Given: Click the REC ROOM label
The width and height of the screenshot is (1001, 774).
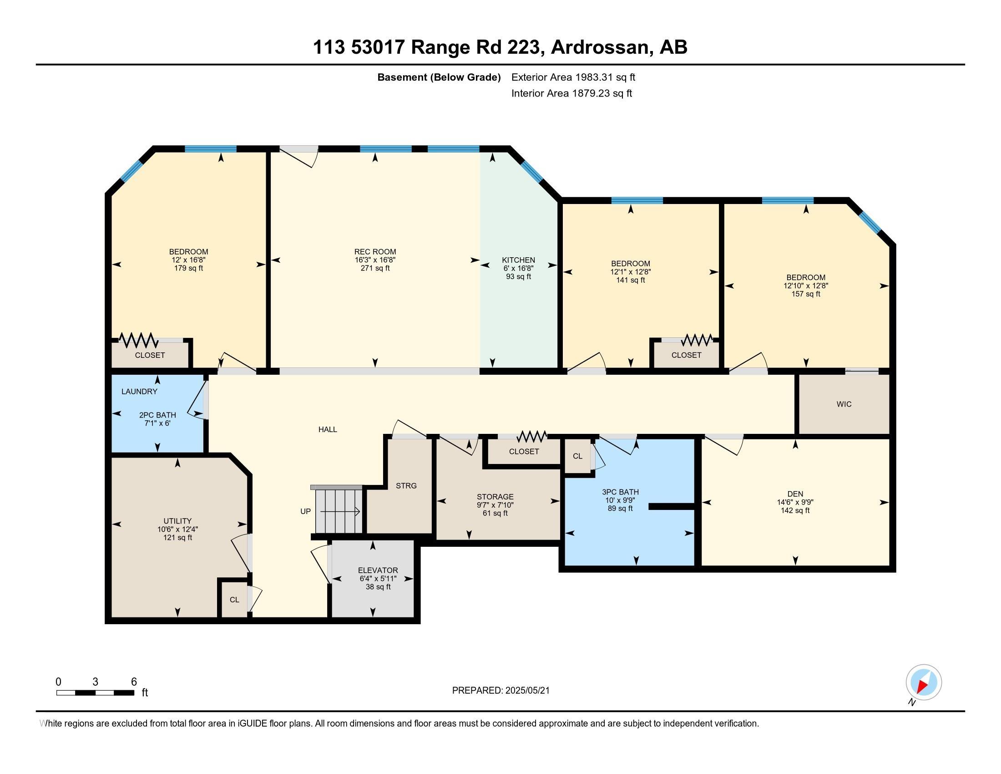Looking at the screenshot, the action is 375,252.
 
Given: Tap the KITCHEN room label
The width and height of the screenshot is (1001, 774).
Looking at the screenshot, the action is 518,260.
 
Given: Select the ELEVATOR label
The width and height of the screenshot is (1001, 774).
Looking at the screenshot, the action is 378,570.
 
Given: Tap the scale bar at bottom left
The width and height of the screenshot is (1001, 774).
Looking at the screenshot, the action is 96,693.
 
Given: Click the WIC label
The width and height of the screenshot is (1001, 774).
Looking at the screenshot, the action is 844,404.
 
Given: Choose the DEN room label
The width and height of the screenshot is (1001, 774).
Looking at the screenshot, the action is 795,494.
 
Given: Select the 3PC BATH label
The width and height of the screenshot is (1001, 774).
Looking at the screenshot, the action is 620,492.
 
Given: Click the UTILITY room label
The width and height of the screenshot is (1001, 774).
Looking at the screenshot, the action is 177,521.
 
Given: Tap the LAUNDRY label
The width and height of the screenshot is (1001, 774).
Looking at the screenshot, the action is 139,392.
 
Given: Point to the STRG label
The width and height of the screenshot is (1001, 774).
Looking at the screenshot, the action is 406,486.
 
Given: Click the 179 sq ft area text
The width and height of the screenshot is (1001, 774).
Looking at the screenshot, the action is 188,268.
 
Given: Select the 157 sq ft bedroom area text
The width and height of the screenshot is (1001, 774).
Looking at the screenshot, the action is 806,294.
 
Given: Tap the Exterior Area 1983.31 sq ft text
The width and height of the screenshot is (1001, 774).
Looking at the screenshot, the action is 573,77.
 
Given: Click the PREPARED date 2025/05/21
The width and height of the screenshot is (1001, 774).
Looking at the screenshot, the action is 527,691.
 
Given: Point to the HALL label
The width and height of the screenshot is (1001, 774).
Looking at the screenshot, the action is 328,430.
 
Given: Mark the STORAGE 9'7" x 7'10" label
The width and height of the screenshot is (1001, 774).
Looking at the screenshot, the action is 495,501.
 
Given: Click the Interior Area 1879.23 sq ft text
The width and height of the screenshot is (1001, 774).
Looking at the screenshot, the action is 571,93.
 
